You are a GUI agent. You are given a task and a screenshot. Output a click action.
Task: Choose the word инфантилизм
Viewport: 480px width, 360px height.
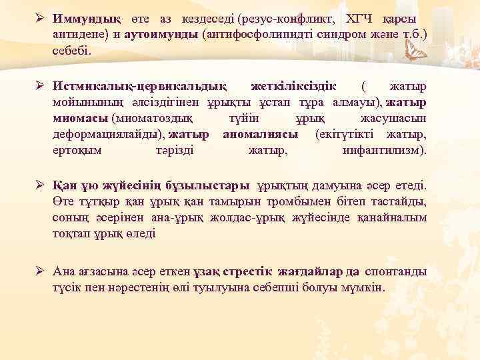click(383, 151)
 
